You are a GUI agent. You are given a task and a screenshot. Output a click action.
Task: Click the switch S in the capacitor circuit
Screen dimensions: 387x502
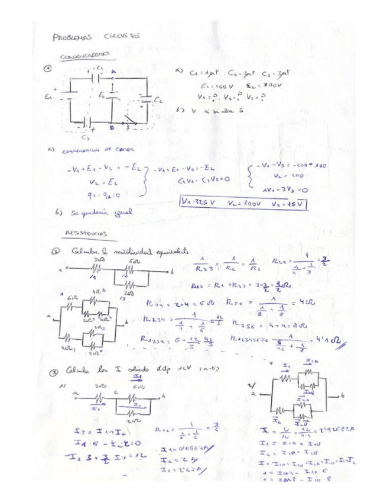(x=131, y=124)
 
